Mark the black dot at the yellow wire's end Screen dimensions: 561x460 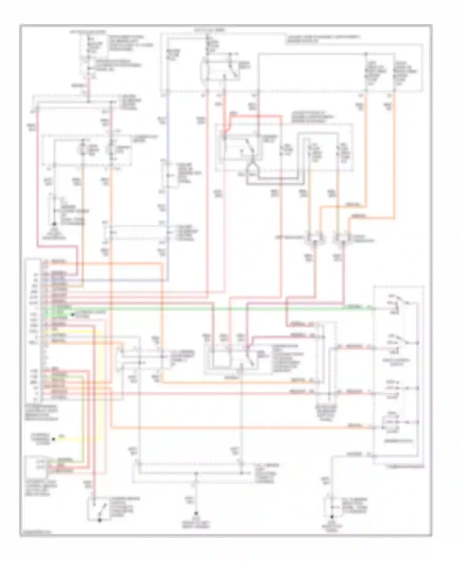pyautogui.click(x=53, y=439)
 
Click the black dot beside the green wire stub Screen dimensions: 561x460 pyautogui.click(x=71, y=314)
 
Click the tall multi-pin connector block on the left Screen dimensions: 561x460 pyautogui.click(x=33, y=330)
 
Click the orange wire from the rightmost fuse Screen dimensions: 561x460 pyautogui.click(x=394, y=153)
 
